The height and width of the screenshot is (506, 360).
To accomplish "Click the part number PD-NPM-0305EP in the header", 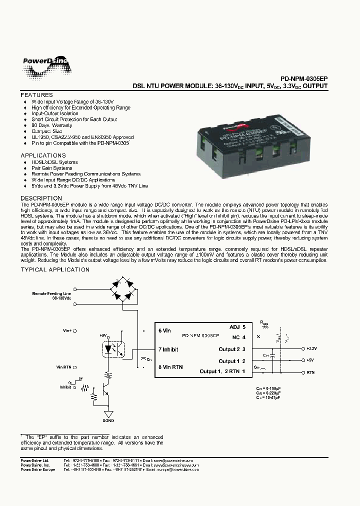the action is pyautogui.click(x=303, y=78).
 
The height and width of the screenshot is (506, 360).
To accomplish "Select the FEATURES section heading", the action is pyautogui.click(x=36, y=95).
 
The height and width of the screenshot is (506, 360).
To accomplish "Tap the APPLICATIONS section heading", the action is pyautogui.click(x=43, y=155).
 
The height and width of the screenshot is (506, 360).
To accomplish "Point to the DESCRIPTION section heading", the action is pyautogui.click(x=41, y=198).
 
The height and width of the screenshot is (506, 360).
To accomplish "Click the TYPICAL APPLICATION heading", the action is pyautogui.click(x=55, y=270).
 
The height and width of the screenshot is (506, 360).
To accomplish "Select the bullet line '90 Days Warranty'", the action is pyautogui.click(x=52, y=125).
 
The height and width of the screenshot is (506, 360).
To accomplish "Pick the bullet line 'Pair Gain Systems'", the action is pyautogui.click(x=52, y=168).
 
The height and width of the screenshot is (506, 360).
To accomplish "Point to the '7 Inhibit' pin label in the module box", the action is pyautogui.click(x=168, y=349).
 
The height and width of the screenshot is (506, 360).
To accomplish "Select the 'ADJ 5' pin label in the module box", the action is pyautogui.click(x=237, y=326).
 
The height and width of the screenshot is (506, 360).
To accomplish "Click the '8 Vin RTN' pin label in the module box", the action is pyautogui.click(x=170, y=367).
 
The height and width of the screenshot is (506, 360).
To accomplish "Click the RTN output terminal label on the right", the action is pyautogui.click(x=310, y=372).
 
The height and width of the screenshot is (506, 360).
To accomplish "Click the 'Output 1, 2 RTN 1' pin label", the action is pyautogui.click(x=222, y=371).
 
